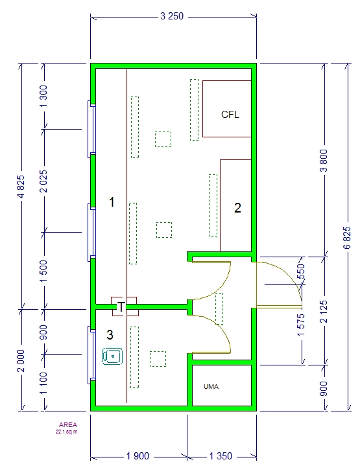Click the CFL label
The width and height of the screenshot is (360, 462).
coord(230,114)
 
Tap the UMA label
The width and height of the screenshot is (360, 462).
coord(211,386)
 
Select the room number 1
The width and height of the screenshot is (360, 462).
coord(112,202)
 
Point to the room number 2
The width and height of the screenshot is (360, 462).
coord(237,208)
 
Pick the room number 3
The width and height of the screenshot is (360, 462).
coord(110,335)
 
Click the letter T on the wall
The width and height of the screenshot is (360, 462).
coord(121,306)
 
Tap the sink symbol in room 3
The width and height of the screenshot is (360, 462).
coord(112,356)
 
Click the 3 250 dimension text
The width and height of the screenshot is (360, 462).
coord(172,16)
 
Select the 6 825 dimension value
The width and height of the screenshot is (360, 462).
coord(347,238)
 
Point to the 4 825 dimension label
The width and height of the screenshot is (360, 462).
coord(21,187)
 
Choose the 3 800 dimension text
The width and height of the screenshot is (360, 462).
coord(324,161)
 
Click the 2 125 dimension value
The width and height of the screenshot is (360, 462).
coord(324,312)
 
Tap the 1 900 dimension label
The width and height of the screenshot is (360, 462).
coord(138,456)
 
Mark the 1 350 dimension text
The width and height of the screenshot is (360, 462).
coord(221,456)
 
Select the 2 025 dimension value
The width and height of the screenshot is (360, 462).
coord(43,181)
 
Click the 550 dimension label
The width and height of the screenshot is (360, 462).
coord(301,272)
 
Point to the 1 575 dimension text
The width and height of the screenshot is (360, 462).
coord(301,325)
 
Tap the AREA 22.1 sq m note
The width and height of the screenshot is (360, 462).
coord(67,428)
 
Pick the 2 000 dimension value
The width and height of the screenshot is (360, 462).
coord(21,361)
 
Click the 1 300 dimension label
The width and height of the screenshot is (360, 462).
coord(43,97)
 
